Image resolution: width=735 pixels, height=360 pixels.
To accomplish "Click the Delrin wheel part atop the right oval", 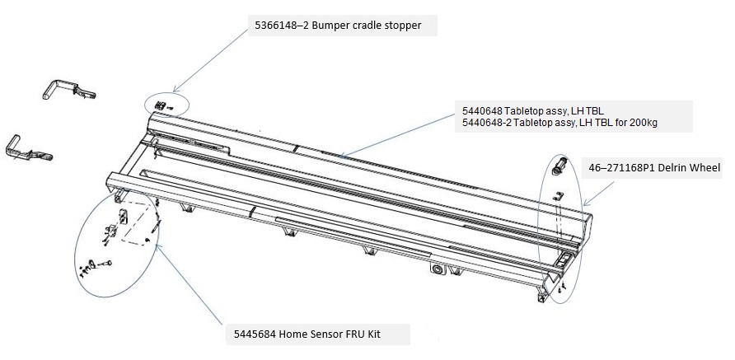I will (x=558, y=165).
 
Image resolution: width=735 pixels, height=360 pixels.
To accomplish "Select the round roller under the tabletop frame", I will (x=435, y=269).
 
